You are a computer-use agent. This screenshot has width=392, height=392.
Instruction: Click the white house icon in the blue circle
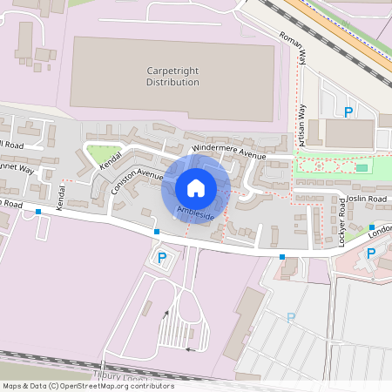pyautogui.click(x=195, y=188)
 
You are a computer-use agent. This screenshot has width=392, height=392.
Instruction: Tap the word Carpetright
pyautogui.click(x=172, y=70)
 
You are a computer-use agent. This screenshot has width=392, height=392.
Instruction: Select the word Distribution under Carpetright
pyautogui.click(x=172, y=82)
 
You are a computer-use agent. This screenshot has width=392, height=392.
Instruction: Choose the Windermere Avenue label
pyautogui.click(x=229, y=152)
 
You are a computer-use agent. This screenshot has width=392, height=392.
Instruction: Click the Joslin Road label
pyautogui.click(x=365, y=199)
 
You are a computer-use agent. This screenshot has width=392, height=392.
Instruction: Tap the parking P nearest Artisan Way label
pyautogui.click(x=348, y=112)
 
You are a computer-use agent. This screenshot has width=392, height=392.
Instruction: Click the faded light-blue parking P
pyautogui.click(x=291, y=318)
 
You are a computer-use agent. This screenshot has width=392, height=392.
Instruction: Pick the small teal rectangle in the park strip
pyautogui.click(x=361, y=166)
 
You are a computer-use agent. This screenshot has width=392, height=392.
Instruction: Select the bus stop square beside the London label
pyautogui.click(x=372, y=226)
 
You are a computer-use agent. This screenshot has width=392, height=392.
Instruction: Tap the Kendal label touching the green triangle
pyautogui.click(x=111, y=159)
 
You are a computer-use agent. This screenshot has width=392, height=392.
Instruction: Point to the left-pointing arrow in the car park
pyautogui.click(x=189, y=349)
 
